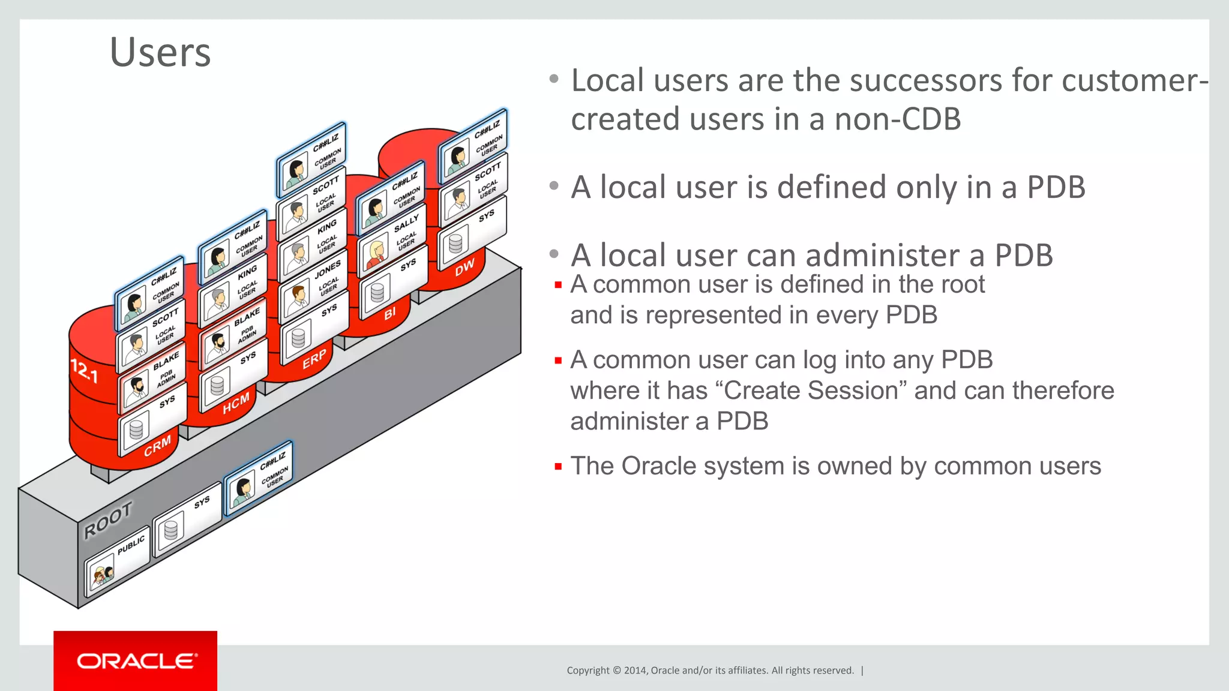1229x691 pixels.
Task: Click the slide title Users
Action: click(x=160, y=53)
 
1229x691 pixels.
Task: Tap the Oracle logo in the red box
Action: click(x=136, y=661)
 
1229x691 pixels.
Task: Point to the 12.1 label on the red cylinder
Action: click(x=84, y=371)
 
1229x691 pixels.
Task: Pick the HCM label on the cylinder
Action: click(x=236, y=404)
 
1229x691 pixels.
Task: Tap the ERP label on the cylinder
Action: click(x=314, y=359)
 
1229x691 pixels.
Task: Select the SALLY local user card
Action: click(x=392, y=240)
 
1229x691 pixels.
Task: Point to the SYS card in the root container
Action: click(x=187, y=519)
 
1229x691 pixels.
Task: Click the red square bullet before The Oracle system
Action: click(x=558, y=466)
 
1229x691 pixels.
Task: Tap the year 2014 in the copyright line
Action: click(x=635, y=671)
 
